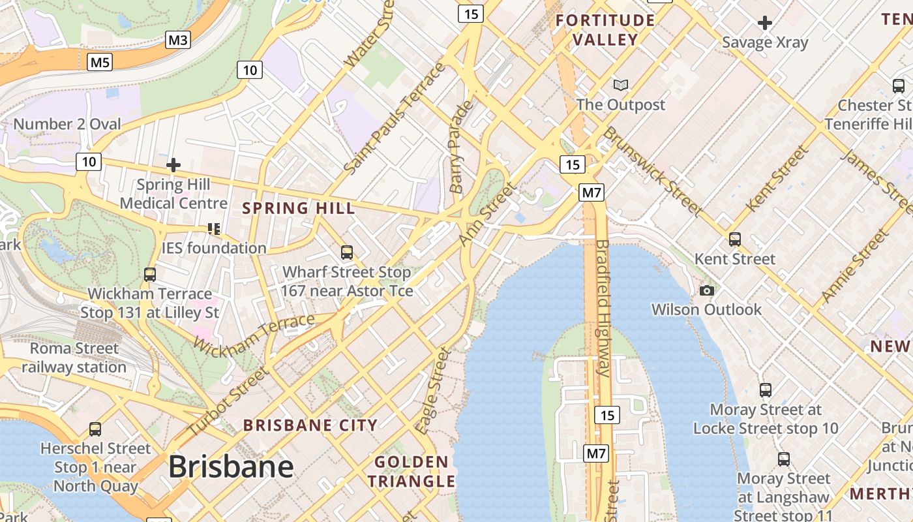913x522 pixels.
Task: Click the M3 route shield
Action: point(177,40)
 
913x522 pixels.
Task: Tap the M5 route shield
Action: point(100,62)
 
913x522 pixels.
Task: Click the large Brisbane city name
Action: point(231,467)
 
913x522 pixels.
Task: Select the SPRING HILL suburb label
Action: point(299,209)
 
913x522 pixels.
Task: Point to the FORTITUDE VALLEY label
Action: point(605,30)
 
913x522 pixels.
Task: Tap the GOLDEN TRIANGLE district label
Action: point(412,472)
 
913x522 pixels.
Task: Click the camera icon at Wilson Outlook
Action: point(706,290)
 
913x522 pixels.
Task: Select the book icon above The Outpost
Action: point(620,85)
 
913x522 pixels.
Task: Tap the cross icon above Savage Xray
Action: point(764,23)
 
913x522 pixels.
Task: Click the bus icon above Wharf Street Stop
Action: point(347,252)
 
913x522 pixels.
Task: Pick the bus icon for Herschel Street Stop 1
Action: point(95,429)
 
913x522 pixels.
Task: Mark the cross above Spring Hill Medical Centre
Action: point(173,165)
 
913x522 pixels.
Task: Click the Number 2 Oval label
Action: point(67,124)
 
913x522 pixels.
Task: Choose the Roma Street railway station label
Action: point(74,358)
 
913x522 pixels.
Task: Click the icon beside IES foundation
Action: point(213,228)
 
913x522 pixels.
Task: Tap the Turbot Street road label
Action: point(228,402)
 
